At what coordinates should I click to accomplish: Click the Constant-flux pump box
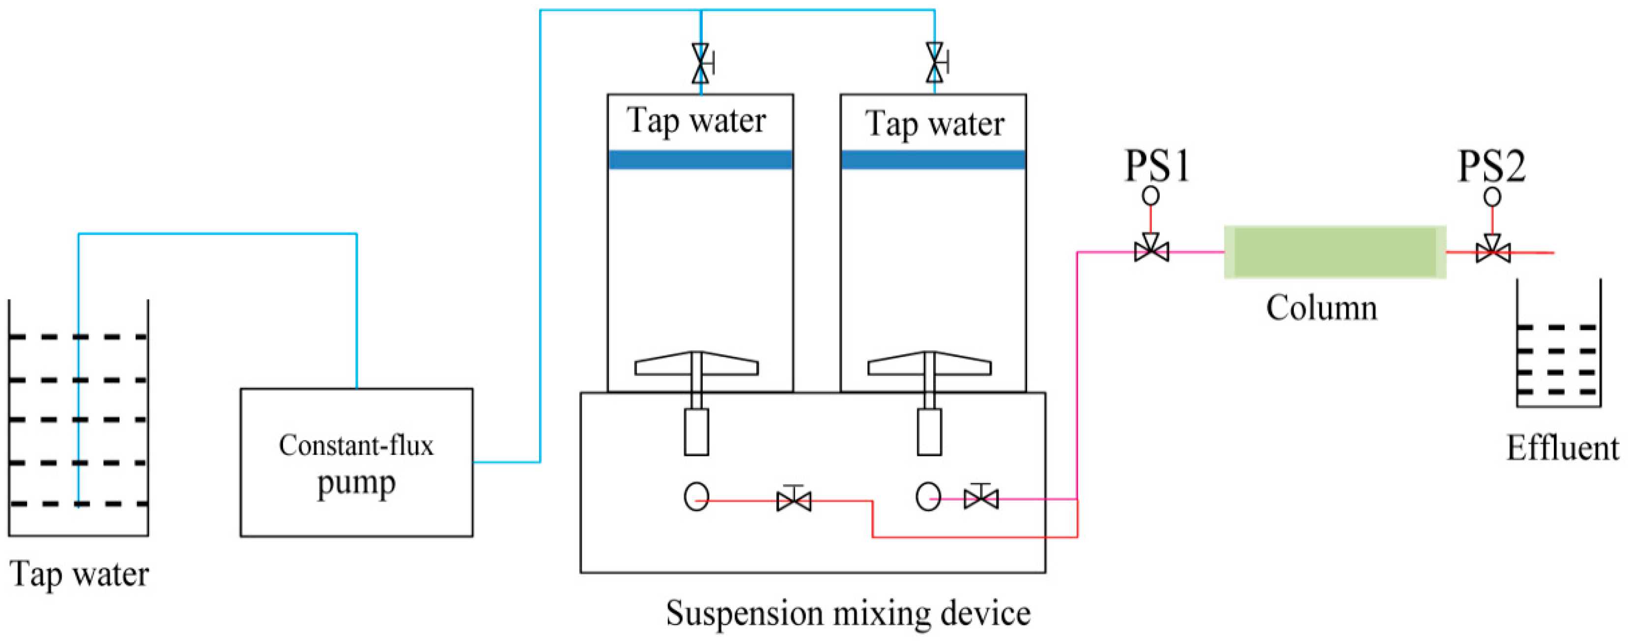tap(356, 462)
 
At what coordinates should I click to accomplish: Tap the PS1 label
tap(1157, 166)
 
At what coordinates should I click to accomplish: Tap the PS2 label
tap(1491, 166)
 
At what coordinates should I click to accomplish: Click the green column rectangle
tap(1334, 252)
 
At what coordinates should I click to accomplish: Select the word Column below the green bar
tap(1321, 308)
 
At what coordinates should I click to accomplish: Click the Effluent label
tap(1562, 448)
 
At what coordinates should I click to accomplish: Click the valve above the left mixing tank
tap(701, 63)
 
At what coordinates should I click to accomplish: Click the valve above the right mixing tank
tap(935, 63)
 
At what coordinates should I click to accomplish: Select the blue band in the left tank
tap(700, 160)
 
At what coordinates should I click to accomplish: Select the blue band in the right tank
tap(933, 160)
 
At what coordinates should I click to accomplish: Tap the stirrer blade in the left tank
tap(696, 364)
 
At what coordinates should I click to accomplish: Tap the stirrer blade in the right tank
tap(929, 364)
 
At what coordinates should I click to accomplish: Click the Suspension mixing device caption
tap(848, 613)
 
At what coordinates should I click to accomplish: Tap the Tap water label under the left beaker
tap(80, 574)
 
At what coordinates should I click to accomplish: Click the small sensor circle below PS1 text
tap(1151, 196)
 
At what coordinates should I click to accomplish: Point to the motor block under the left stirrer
tap(696, 432)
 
